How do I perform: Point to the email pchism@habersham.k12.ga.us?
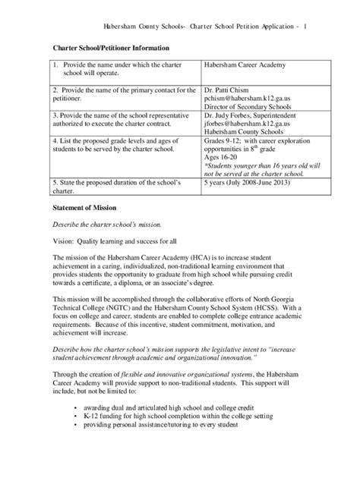click(x=251, y=99)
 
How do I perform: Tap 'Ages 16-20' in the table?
click(x=223, y=157)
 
